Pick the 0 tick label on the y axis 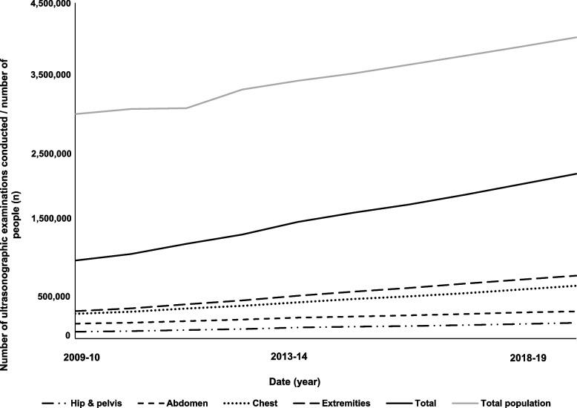[x=67, y=335]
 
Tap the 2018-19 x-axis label [x=529, y=358]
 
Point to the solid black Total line [x=371, y=208]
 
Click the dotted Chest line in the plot [x=371, y=297]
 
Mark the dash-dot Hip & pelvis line [x=371, y=326]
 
